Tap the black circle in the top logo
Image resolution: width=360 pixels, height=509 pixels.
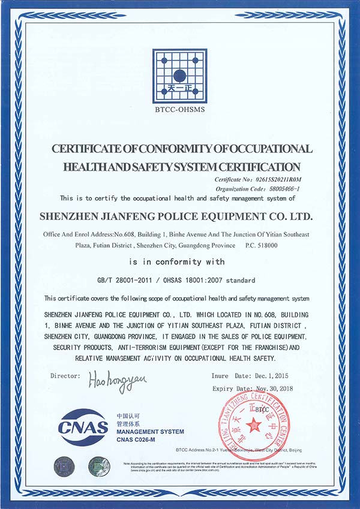tap(179, 76)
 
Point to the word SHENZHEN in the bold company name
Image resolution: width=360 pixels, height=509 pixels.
tap(71, 214)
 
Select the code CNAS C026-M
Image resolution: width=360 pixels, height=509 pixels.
tap(137, 440)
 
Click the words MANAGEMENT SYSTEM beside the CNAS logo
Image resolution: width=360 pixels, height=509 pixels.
tap(150, 432)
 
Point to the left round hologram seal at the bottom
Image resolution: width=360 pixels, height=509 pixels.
tap(63, 466)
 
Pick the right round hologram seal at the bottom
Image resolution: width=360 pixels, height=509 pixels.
tap(99, 466)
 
